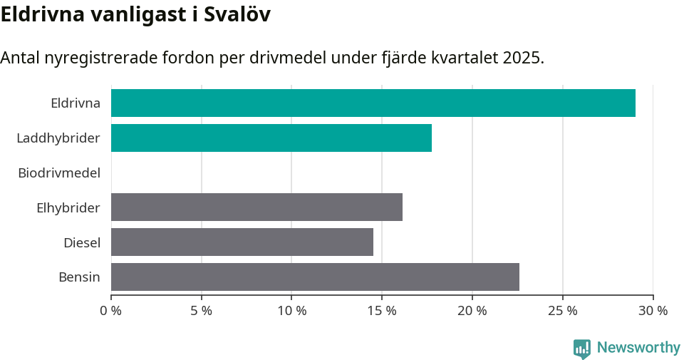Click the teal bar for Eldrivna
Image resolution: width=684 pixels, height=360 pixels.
pos(373,103)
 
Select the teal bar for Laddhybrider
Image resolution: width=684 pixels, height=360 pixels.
pos(271,138)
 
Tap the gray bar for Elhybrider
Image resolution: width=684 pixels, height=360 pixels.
pos(256,207)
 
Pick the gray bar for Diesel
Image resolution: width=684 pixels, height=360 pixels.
pos(242,242)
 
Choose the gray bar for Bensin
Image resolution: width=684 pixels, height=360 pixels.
pos(315,277)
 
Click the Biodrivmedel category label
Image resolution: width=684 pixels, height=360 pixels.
pos(59,173)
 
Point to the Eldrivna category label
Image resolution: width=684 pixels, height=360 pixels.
pos(76,103)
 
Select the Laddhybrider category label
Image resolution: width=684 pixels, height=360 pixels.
pos(58,138)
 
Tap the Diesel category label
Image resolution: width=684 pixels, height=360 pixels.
pos(82,243)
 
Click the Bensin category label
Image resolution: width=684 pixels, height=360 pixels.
pos(79,277)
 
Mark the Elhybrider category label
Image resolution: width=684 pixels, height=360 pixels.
pos(68,208)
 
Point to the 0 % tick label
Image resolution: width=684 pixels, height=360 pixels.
pos(111,311)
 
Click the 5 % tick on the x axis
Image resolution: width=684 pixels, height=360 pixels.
pos(202,311)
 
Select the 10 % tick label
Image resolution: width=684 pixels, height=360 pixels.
pos(291,311)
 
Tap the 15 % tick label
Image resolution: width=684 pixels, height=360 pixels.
pos(382,311)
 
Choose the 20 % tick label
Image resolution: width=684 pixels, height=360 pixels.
pos(472,311)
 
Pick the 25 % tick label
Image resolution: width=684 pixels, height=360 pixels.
pos(562,311)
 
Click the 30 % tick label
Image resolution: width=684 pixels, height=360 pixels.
pos(653,311)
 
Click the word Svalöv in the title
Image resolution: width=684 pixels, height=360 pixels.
pos(237,15)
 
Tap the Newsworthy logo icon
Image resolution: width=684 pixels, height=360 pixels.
pos(582,349)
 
